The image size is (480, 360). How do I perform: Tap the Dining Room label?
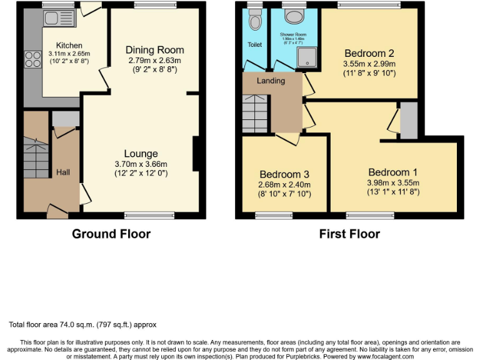coord(154,50)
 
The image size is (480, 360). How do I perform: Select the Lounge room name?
coord(141,154)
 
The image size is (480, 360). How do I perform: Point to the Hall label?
coord(64,172)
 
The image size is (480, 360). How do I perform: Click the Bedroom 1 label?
coord(393,172)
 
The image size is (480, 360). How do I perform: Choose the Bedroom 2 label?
coord(369,53)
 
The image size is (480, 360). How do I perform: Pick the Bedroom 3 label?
coord(285,174)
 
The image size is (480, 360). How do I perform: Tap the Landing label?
coord(271,81)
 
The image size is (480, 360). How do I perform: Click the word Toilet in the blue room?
coord(254,44)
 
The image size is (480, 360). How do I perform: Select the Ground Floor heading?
coord(111,234)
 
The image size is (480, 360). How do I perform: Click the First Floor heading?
coord(349,234)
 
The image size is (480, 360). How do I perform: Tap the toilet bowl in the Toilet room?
coord(254,22)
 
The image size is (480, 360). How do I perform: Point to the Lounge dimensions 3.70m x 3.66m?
coord(141,164)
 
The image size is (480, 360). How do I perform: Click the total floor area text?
coord(82,324)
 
